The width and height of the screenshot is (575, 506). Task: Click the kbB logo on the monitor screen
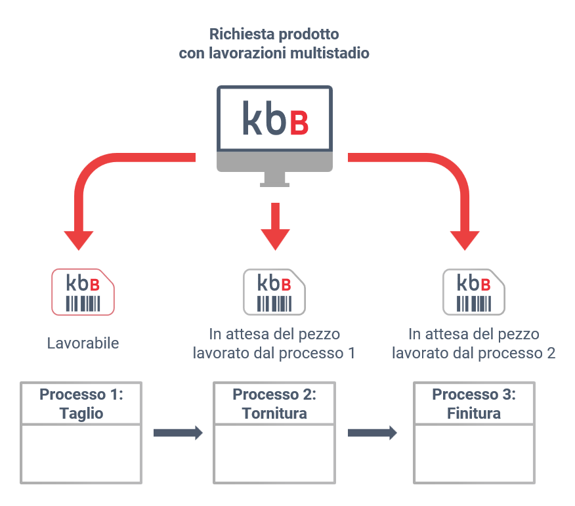274,118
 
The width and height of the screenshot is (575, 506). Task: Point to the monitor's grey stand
274,177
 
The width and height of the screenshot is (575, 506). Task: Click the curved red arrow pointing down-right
446,184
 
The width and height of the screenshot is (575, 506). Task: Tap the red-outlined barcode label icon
83,291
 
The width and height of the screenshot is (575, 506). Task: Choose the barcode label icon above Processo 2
275,291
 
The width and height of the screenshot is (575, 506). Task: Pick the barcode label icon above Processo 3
474,291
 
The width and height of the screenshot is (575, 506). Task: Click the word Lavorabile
83,343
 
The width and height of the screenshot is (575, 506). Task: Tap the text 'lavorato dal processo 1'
274,353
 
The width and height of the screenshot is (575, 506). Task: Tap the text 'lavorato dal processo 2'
474,353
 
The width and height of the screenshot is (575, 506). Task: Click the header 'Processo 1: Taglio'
81,404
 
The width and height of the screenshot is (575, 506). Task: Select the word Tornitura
274,413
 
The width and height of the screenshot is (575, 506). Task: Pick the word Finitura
474,413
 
